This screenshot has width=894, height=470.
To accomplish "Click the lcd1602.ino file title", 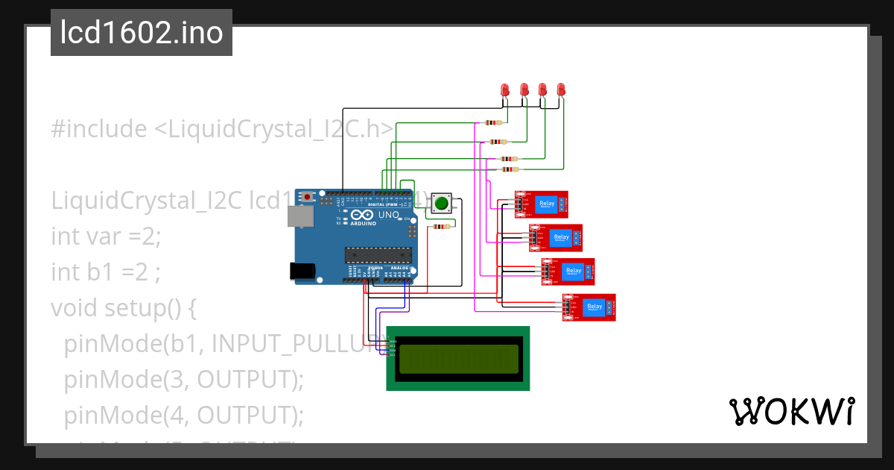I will [x=142, y=34].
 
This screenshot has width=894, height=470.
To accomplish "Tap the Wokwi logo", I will [x=790, y=411].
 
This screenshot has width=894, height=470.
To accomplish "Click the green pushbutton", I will [x=442, y=203].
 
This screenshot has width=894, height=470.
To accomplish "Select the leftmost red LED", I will [x=505, y=90].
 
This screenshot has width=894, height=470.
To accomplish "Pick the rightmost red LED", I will [x=561, y=90].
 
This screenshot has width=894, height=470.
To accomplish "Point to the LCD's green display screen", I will [x=458, y=359].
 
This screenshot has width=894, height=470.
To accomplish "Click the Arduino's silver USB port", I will [x=302, y=216].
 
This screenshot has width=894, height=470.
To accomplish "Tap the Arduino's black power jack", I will [x=302, y=271].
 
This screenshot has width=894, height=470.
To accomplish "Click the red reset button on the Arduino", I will [x=307, y=197].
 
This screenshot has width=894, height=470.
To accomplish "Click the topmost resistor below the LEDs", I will [x=492, y=123].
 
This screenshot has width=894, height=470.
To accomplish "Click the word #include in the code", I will [x=99, y=129].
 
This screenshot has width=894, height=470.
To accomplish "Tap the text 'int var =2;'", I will [x=106, y=236].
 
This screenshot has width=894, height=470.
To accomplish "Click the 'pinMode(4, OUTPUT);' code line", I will [x=184, y=415].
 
